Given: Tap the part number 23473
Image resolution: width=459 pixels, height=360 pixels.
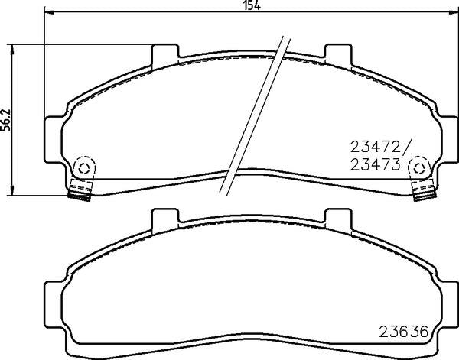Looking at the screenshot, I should [x=375, y=163].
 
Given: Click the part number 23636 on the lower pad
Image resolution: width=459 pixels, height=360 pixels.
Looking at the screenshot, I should [x=405, y=332].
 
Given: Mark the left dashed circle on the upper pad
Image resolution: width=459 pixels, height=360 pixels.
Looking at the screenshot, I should [x=83, y=166].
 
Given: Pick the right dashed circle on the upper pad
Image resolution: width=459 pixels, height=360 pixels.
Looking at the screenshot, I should [x=419, y=166].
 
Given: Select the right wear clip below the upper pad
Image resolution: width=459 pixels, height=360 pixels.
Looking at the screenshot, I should [x=422, y=191].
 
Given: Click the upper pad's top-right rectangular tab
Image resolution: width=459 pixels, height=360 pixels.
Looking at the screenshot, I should [x=337, y=55].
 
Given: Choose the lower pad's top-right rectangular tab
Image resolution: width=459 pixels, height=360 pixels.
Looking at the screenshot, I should [x=337, y=221].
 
